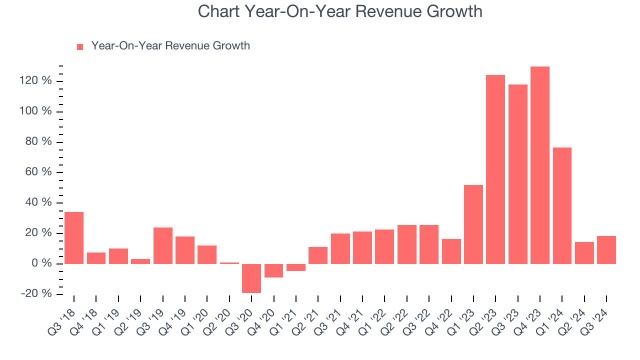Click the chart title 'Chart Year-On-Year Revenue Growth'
(x=340, y=11)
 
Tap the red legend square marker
(x=80, y=47)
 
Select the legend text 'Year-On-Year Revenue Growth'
(x=170, y=46)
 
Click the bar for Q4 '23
(x=540, y=165)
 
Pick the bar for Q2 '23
(x=495, y=169)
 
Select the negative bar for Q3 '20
(x=251, y=278)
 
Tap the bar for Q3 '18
(x=74, y=238)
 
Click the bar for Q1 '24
(x=562, y=205)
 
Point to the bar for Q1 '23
(x=473, y=224)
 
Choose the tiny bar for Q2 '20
(x=229, y=263)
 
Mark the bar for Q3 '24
(x=606, y=250)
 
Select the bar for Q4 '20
(x=273, y=270)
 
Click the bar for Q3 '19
(x=163, y=245)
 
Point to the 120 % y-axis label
(x=36, y=80)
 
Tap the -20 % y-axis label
(x=36, y=293)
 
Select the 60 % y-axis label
(x=38, y=172)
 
